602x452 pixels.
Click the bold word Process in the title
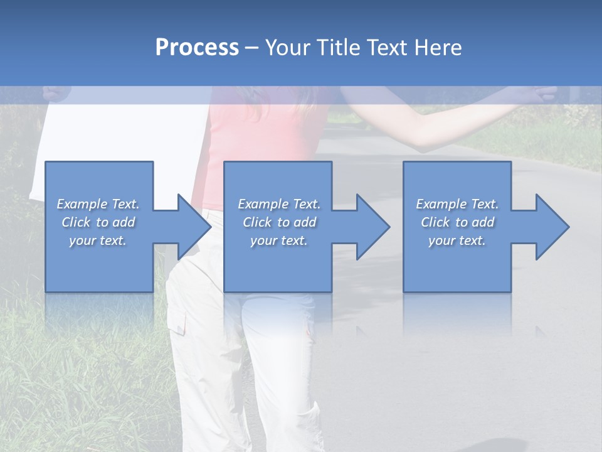pyautogui.click(x=197, y=48)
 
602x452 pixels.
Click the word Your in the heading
pyautogui.click(x=287, y=48)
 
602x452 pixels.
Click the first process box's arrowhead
pyautogui.click(x=191, y=227)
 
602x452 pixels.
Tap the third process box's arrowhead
pyautogui.click(x=549, y=227)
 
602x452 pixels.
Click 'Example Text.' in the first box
pyautogui.click(x=98, y=204)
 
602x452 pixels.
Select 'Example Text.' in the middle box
pyautogui.click(x=279, y=204)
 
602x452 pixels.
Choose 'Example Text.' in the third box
pyautogui.click(x=457, y=204)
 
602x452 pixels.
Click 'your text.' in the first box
pyautogui.click(x=98, y=240)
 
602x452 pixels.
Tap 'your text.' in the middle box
pyautogui.click(x=278, y=240)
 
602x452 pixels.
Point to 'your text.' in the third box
pyautogui.click(x=457, y=240)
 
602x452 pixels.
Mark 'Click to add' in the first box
pyautogui.click(x=98, y=222)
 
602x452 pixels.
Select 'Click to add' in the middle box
pyautogui.click(x=279, y=222)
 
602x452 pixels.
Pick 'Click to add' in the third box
pyautogui.click(x=457, y=222)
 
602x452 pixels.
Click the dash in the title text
pyautogui.click(x=252, y=48)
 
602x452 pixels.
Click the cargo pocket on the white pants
pyautogui.click(x=177, y=320)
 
